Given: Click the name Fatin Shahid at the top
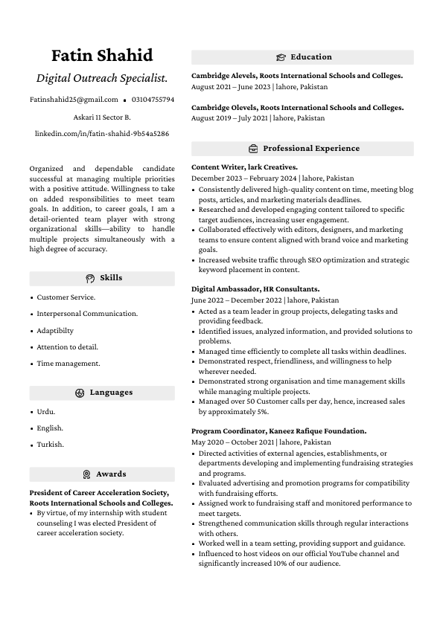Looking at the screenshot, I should pos(102,56).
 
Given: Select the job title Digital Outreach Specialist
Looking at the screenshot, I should pos(102,78).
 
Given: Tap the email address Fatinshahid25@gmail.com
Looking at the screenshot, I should pos(74,100).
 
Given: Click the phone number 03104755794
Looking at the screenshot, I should pos(153,100).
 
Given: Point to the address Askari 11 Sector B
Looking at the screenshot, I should pos(102,117).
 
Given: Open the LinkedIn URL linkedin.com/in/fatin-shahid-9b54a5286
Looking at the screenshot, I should pos(102,134).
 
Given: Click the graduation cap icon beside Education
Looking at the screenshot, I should pos(281,57).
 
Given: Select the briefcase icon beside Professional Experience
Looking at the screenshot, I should pos(253,149).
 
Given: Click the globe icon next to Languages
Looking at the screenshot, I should pos(80,393).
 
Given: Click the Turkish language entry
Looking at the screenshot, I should pos(50,445).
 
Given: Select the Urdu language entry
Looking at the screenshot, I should pos(46,412).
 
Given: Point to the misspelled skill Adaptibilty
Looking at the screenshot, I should pos(55,331).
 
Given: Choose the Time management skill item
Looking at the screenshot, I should pos(68,364).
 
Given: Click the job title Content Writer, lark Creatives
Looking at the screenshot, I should pos(244,167).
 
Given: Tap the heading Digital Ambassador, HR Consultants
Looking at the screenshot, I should pos(255,288).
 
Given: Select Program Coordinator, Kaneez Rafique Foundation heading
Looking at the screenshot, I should pos(278,431).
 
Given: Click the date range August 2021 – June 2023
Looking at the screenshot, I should pos(231,87).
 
